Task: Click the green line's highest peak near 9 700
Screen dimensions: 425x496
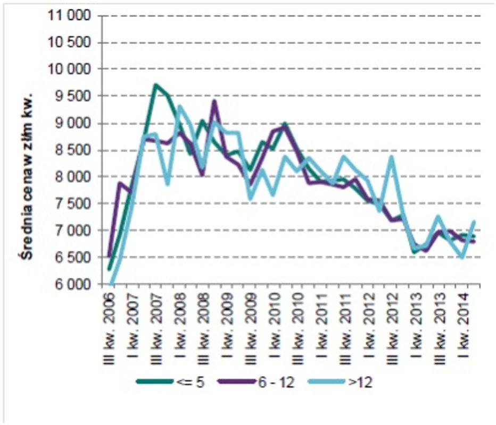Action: coord(155,85)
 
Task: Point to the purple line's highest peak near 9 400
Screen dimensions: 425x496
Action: coord(214,101)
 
